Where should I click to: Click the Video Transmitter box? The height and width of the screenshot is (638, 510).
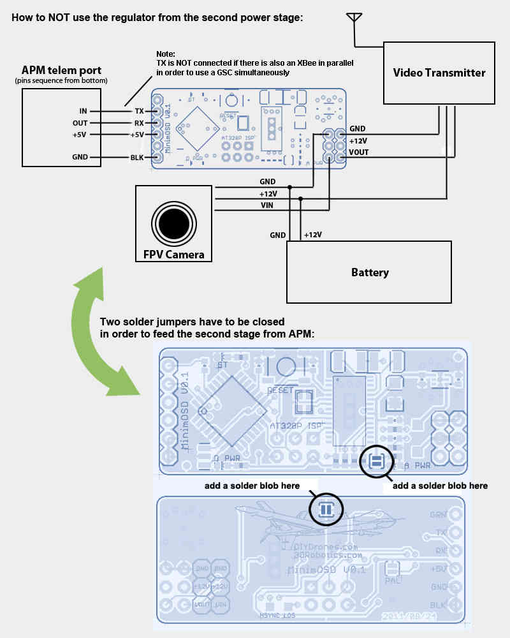point(439,72)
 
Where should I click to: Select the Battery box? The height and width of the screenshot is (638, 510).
point(369,272)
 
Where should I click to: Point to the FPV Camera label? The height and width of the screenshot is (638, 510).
point(174,255)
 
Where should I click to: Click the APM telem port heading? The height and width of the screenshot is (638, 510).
point(61,70)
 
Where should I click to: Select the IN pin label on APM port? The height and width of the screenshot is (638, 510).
point(83,111)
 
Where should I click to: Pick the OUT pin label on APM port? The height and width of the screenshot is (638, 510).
point(80,123)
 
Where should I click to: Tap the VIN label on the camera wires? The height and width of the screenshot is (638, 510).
point(268,205)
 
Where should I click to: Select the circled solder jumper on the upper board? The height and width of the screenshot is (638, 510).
point(376,461)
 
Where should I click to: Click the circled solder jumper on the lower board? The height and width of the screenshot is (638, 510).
point(326,509)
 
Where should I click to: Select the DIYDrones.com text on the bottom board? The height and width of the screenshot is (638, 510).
point(325,547)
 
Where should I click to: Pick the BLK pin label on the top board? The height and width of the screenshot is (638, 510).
point(138,158)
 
